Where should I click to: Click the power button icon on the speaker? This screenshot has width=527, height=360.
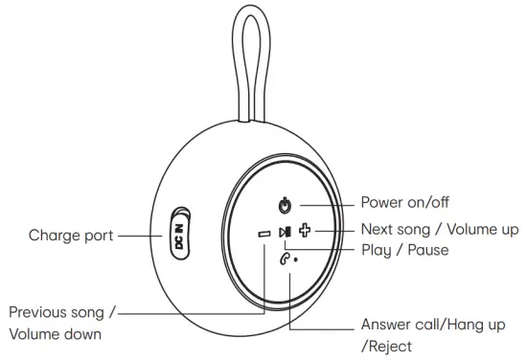284,205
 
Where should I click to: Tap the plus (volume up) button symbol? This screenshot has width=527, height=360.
306,231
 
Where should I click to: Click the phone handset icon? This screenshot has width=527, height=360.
284,257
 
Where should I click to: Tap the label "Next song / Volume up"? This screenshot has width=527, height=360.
439,229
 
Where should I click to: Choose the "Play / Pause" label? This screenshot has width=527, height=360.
404,250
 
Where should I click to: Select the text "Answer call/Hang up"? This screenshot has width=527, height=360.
432,326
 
